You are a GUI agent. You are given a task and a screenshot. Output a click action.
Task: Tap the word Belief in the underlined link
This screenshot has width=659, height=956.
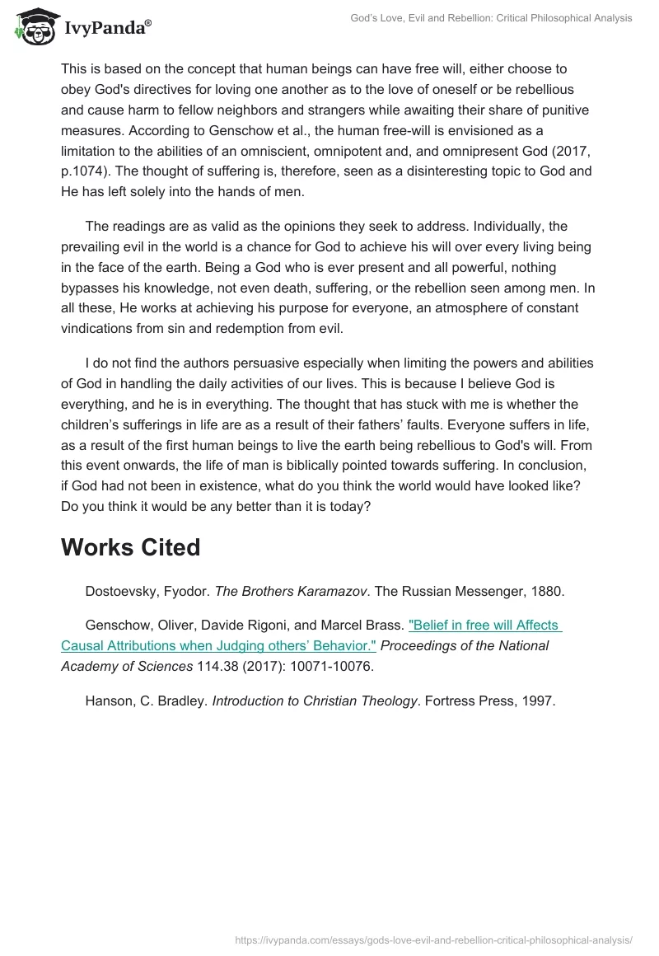[x=431, y=626]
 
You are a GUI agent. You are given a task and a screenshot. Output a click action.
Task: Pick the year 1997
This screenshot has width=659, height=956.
[x=540, y=701]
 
